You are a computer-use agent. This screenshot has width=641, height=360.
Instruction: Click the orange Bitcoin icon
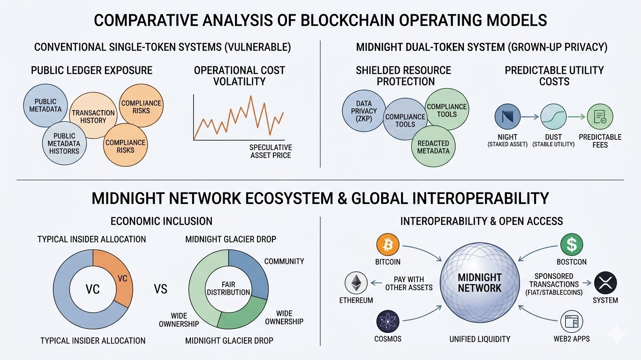387,245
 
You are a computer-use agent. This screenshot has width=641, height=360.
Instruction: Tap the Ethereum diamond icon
356,283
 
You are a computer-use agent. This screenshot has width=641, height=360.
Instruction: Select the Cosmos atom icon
387,322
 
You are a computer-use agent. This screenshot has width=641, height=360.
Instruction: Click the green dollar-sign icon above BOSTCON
572,245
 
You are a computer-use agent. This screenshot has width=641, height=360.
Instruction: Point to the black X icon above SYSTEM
605,283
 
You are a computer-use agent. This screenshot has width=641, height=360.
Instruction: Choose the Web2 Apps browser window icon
572,322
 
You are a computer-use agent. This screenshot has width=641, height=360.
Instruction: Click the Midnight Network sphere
480,283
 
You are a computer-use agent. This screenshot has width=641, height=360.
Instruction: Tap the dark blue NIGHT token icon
506,117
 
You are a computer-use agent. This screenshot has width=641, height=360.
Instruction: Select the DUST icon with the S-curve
553,117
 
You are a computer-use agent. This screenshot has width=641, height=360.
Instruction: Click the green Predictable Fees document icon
600,117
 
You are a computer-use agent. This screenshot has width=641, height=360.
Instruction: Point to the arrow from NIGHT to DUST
530,117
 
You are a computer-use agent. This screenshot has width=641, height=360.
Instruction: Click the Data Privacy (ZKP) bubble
364,111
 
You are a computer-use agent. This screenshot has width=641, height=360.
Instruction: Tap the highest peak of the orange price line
251,97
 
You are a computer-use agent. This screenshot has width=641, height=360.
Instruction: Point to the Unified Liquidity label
479,339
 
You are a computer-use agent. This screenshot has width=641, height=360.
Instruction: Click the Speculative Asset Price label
271,151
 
